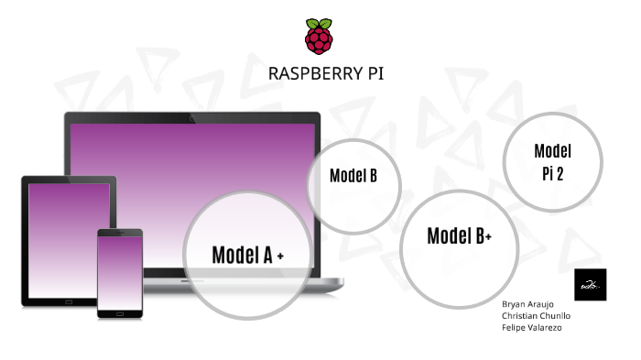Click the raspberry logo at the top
point(320,37)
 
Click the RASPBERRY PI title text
point(320,73)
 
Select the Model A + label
point(247,256)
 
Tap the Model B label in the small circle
point(353,176)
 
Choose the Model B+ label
point(460,236)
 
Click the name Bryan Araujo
point(527,303)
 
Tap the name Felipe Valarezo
point(532,327)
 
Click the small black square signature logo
point(590,284)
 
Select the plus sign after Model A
point(279,257)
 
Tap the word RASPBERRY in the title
point(308,73)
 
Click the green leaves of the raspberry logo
point(320,23)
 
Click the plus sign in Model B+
point(489,238)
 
